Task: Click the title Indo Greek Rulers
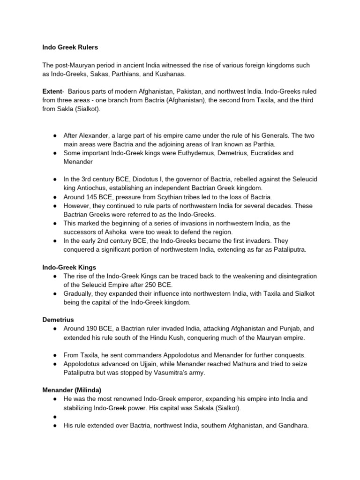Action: click(x=70, y=47)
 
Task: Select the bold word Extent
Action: click(x=52, y=91)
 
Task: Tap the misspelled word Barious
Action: click(x=82, y=91)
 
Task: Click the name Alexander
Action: click(x=97, y=135)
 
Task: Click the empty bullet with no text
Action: click(x=55, y=417)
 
